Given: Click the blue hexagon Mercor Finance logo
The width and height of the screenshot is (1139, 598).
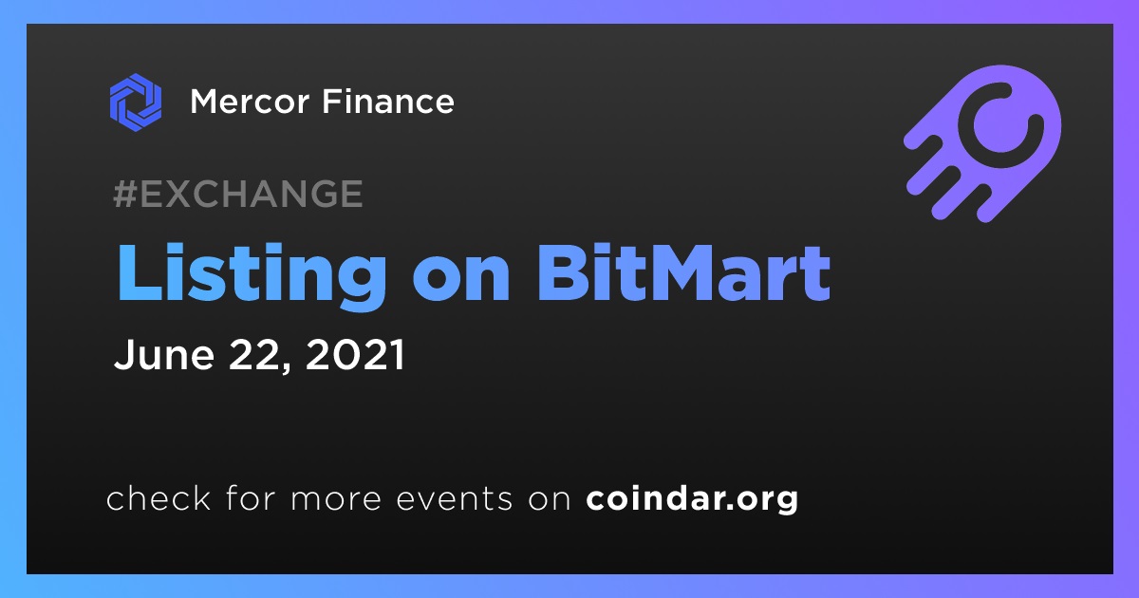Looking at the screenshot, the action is pyautogui.click(x=136, y=103).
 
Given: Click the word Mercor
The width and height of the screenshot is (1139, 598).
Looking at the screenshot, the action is pyautogui.click(x=250, y=102).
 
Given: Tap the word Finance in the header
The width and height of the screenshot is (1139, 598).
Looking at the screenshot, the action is pyautogui.click(x=388, y=101).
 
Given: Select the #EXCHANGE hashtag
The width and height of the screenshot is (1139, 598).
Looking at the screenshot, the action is pyautogui.click(x=238, y=194).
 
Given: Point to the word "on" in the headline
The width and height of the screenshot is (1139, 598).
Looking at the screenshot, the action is pyautogui.click(x=461, y=280).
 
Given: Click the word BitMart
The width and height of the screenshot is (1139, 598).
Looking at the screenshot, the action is pyautogui.click(x=683, y=273).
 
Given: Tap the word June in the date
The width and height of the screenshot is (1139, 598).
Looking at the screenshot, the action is pyautogui.click(x=163, y=354).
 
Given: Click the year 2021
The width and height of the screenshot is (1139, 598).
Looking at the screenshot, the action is pyautogui.click(x=355, y=354).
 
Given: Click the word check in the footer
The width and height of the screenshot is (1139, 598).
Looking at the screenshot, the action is pyautogui.click(x=159, y=497).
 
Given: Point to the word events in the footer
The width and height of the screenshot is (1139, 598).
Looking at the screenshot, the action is pyautogui.click(x=455, y=499).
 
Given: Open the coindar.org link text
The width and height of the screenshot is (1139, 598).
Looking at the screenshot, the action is pyautogui.click(x=692, y=499).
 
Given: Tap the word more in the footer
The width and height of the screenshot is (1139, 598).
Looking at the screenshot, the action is pyautogui.click(x=336, y=499).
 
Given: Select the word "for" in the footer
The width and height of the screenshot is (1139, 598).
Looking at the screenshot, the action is pyautogui.click(x=251, y=497).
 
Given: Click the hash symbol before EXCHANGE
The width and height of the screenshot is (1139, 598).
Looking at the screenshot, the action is pyautogui.click(x=125, y=194).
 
